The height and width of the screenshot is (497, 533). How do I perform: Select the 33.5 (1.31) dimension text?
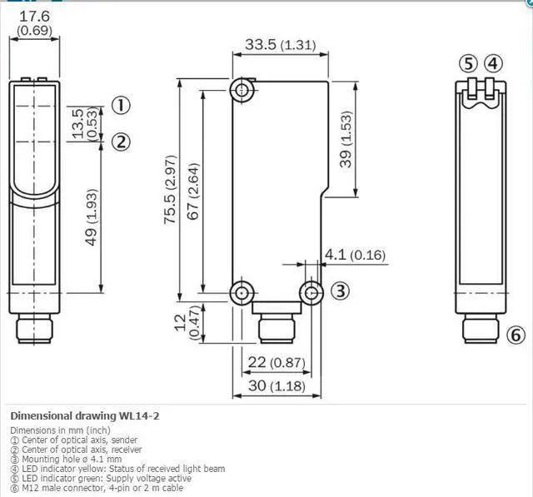[x=281, y=44]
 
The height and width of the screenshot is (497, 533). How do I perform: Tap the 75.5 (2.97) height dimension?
[x=170, y=189]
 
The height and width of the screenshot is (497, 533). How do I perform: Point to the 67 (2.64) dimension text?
[x=193, y=191]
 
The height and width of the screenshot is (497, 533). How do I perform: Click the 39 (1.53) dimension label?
[x=346, y=139]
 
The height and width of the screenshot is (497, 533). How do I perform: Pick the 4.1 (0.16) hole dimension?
[x=356, y=255]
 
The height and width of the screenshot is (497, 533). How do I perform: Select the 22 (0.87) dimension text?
[x=276, y=362]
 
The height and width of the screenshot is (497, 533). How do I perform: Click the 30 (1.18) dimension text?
[x=276, y=385]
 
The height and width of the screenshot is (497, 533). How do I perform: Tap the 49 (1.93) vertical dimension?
[x=91, y=217]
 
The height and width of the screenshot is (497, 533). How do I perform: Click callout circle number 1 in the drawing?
[x=121, y=106]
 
